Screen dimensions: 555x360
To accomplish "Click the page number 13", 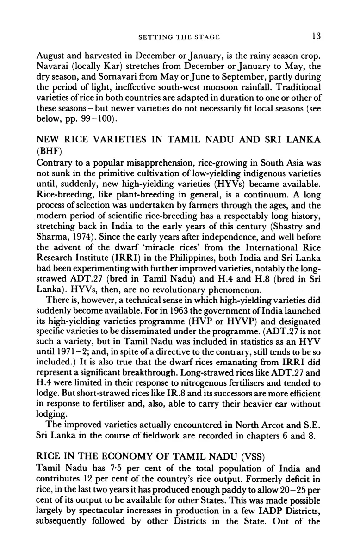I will point(316,36).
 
